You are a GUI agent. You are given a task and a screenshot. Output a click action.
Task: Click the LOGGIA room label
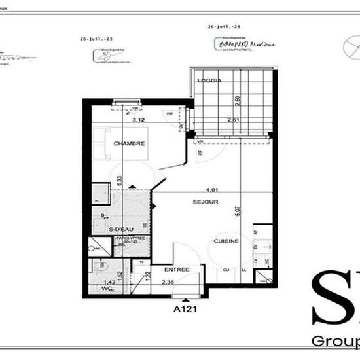(x=212, y=81)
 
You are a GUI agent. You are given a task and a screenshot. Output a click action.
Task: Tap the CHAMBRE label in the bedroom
(x=129, y=143)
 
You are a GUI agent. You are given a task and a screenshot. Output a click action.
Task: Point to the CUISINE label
(x=226, y=241)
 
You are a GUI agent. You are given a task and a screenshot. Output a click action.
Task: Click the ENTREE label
(x=177, y=269)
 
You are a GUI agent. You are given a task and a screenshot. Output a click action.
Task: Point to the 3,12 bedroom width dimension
(x=138, y=120)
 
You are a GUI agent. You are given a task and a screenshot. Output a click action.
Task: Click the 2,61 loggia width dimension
(x=233, y=120)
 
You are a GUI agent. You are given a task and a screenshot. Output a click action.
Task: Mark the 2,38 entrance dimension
(x=168, y=283)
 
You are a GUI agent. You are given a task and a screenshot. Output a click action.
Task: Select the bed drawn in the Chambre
(x=105, y=143)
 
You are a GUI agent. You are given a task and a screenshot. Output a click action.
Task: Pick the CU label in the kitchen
(x=226, y=269)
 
